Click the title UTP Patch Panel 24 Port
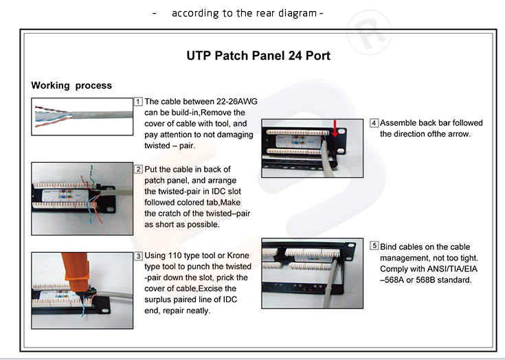click(258, 56)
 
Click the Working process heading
click(71, 85)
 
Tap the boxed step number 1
click(138, 102)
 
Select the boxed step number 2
click(138, 169)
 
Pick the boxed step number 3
click(138, 256)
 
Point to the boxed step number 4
click(374, 123)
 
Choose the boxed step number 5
click(374, 246)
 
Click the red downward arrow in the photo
click(335, 128)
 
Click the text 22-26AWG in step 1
click(237, 102)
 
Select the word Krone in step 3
click(238, 256)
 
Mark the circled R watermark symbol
click(370, 32)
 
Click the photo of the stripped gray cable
click(82, 117)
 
